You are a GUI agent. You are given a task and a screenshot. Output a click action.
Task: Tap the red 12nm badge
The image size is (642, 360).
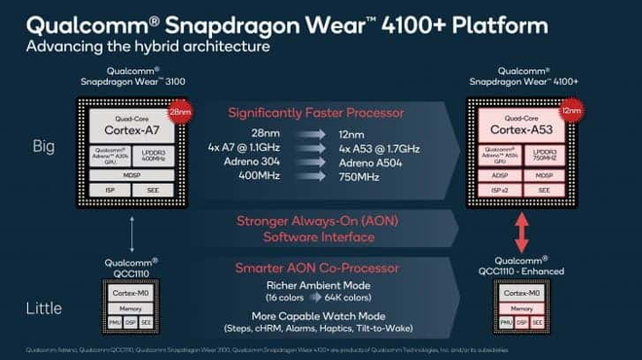tap(571, 112)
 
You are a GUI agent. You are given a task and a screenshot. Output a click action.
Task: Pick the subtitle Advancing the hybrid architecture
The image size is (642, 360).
tap(148, 47)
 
